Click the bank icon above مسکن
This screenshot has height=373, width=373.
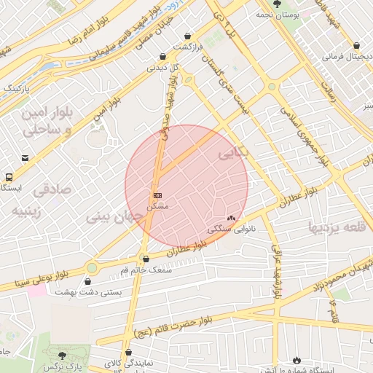click(x=157, y=195)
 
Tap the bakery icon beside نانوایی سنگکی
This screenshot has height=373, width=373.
click(x=232, y=218)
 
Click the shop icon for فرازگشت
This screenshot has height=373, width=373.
click(x=188, y=36)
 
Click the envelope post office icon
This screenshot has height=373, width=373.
click(x=25, y=158)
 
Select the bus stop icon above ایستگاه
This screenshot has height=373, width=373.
click(x=9, y=177)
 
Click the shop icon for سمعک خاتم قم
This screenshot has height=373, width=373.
click(x=146, y=259)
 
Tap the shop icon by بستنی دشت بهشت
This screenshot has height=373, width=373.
click(x=88, y=281)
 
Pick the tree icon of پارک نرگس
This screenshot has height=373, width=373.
click(x=62, y=355)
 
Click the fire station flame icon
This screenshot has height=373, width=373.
click(x=297, y=360)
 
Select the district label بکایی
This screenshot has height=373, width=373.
click(x=233, y=154)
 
